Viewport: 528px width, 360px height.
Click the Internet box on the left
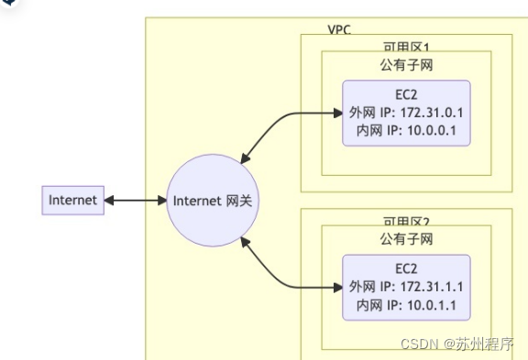coord(73,200)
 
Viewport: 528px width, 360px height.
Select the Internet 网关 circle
coord(212,200)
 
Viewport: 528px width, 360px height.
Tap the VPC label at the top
coord(338,29)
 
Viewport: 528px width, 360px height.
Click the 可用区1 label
coord(406,46)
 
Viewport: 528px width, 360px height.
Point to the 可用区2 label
coord(406,221)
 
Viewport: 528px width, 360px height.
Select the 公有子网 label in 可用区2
coord(406,238)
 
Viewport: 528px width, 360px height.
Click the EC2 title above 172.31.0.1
coord(406,94)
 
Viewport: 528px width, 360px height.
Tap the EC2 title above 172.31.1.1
coord(406,268)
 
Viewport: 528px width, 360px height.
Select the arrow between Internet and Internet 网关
coord(135,200)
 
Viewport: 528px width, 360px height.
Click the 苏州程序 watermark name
coord(484,344)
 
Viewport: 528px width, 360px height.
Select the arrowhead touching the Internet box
coord(109,200)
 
